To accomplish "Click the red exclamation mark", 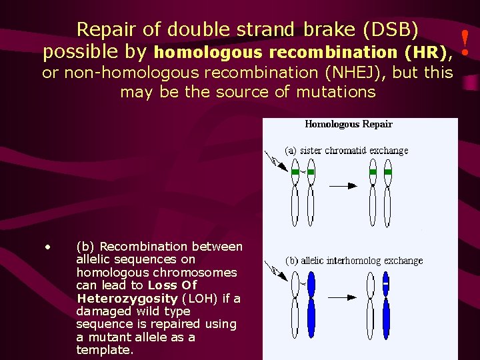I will pos(466,41).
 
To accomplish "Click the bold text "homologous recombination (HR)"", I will pos(303,52).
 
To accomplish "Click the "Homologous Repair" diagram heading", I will pos(349,124).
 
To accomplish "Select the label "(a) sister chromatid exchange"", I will pos(347,151).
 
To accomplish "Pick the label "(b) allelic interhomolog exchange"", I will pos(355,261).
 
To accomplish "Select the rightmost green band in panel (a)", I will pos(389,173).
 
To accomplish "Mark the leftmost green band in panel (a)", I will pos(295,173).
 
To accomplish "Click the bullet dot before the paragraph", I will pos(48,247).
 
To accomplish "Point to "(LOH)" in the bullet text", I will pos(201,298).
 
